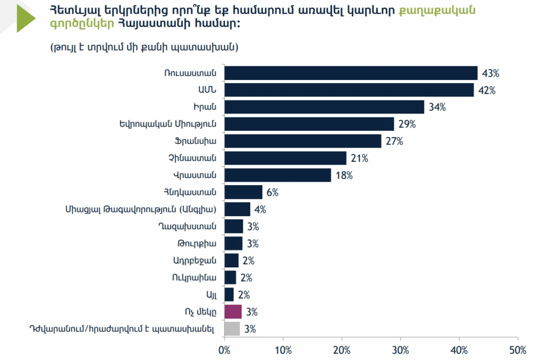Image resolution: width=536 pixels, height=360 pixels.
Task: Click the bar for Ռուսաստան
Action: tap(351, 73)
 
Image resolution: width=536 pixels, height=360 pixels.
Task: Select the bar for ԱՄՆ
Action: tap(349, 90)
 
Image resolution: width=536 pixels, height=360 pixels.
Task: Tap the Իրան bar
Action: tap(324, 107)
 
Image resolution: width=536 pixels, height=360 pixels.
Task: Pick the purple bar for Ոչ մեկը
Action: tap(233, 312)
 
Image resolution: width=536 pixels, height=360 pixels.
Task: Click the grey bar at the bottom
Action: tap(232, 329)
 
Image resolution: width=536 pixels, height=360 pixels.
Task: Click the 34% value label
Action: tap(437, 107)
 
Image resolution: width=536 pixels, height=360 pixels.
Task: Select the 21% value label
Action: tap(359, 158)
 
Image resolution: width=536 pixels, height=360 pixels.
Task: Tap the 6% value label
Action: tap(272, 193)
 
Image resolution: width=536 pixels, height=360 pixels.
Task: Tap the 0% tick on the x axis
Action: tap(225, 350)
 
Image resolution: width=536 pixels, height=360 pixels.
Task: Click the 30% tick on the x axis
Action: tap(400, 350)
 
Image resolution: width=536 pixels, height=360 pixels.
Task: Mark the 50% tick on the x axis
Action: tap(518, 350)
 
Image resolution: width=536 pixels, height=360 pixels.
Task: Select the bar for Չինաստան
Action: tap(285, 158)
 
